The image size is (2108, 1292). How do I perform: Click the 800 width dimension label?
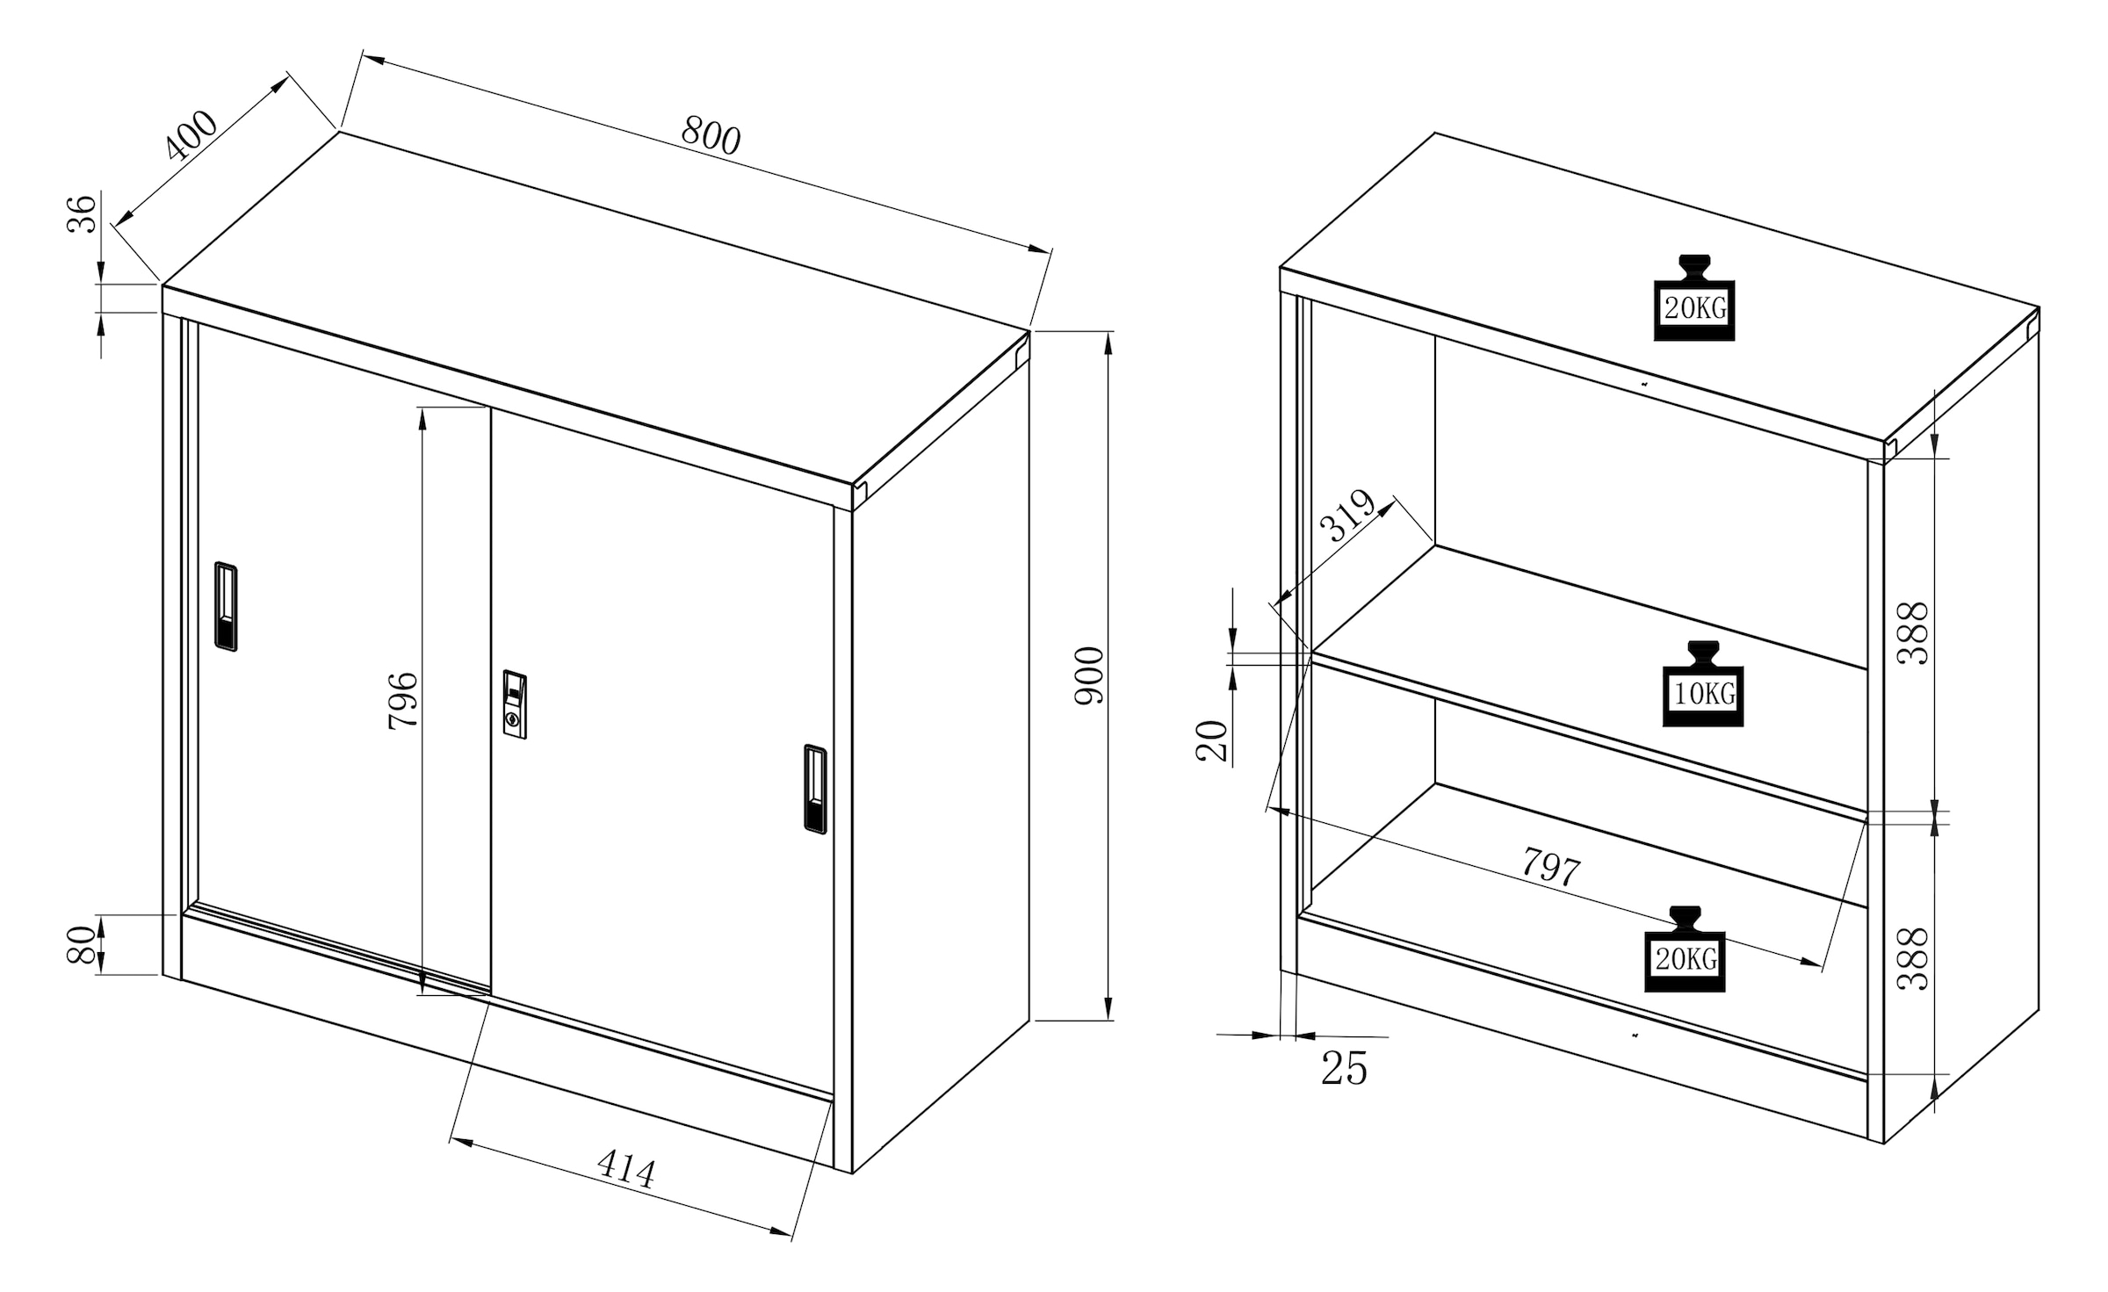coord(711,136)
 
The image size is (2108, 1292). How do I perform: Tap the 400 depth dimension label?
coord(191,135)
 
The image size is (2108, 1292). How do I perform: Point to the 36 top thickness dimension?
coord(82,213)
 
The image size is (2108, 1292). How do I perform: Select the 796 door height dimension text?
coord(403,700)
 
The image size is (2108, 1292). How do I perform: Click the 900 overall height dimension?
coord(1090,675)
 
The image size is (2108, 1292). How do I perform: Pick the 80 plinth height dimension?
coord(81,945)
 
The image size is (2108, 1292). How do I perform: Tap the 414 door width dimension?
coord(625,1170)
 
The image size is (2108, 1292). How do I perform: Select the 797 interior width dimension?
coord(1551,866)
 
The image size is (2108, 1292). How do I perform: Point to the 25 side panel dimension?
coord(1345,1069)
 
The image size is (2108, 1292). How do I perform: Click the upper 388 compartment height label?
coord(1913,632)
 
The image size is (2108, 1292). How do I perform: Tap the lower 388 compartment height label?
coord(1913,959)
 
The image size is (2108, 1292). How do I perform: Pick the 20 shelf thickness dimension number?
coord(1212,740)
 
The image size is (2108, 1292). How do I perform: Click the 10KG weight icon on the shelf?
coord(1703,684)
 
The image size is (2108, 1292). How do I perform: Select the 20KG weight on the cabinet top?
coord(1694,298)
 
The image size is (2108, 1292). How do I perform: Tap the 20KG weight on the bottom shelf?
coord(1685,949)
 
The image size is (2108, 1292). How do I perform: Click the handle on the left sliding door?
coord(226,606)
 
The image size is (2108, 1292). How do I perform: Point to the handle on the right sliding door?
coord(815,789)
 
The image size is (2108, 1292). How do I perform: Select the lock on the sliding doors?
coord(515,704)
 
